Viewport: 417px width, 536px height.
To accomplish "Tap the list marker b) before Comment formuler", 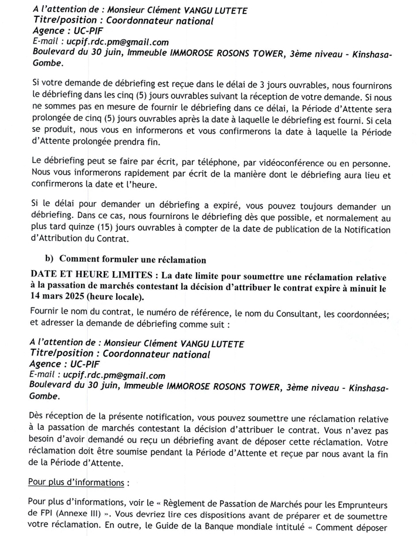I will pyautogui.click(x=50, y=259).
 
